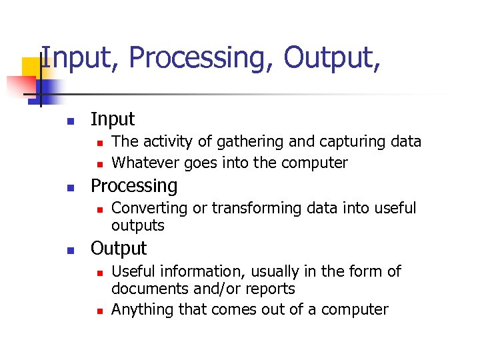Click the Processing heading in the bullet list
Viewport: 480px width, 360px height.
pos(134,186)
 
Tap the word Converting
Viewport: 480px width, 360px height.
pos(149,209)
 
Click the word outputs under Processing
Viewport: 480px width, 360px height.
pos(137,226)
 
